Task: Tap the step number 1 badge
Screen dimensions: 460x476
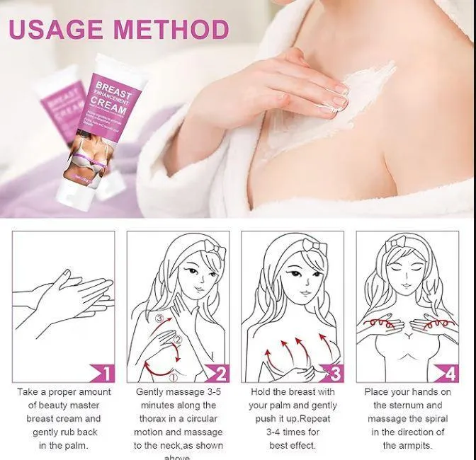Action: coord(104,373)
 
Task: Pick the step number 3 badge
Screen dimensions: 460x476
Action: coord(334,373)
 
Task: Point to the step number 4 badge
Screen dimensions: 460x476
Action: coord(450,373)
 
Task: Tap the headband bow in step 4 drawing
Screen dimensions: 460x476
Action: coord(400,243)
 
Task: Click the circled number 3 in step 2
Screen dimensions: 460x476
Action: coord(160,320)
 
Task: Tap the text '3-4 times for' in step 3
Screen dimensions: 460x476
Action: coord(293,432)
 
